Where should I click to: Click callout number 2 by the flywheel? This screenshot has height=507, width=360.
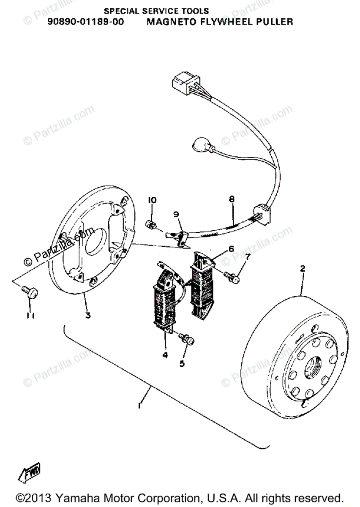click(x=303, y=268)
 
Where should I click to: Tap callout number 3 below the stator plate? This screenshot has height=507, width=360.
click(x=88, y=315)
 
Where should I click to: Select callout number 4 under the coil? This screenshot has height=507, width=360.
click(x=165, y=355)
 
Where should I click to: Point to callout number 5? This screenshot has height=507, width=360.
click(x=182, y=363)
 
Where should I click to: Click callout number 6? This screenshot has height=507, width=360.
click(x=231, y=249)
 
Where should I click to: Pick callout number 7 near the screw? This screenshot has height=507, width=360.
click(x=247, y=256)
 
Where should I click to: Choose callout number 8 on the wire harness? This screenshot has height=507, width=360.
click(x=232, y=199)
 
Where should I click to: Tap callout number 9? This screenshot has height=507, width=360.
click(x=176, y=214)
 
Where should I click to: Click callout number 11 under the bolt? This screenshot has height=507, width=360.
click(x=30, y=316)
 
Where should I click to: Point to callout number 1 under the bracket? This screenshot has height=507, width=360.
click(x=139, y=405)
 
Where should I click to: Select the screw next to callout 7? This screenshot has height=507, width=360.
click(x=232, y=276)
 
